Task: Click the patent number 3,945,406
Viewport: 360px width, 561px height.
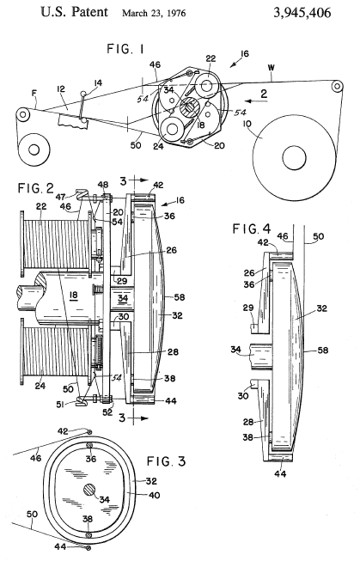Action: pyautogui.click(x=302, y=13)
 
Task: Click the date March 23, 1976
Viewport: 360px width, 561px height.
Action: pyautogui.click(x=154, y=14)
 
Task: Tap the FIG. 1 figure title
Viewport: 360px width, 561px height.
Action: pyautogui.click(x=126, y=48)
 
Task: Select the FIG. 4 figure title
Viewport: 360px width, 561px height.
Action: pyautogui.click(x=252, y=229)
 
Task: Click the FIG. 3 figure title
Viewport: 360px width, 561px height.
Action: pyautogui.click(x=167, y=461)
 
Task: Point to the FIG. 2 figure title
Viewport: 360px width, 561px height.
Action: pyautogui.click(x=36, y=188)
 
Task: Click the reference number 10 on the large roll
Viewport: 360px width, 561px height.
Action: pyautogui.click(x=247, y=125)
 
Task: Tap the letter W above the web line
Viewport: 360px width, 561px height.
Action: pyautogui.click(x=272, y=68)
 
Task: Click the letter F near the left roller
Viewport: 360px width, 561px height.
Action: pyautogui.click(x=34, y=94)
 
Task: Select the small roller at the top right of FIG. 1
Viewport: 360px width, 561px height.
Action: pyautogui.click(x=337, y=86)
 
